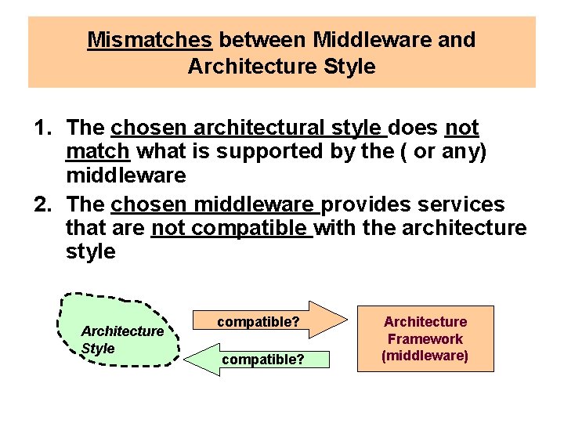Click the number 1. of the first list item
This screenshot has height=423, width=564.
(x=46, y=128)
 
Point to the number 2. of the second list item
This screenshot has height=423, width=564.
(x=46, y=205)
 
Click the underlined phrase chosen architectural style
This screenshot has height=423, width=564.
(x=249, y=128)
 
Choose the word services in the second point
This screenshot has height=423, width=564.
(x=462, y=205)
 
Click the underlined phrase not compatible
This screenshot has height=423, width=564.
(x=231, y=229)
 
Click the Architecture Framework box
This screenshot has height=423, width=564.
(x=425, y=338)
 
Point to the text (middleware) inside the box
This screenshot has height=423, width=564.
(x=425, y=356)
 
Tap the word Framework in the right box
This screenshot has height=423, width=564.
(x=425, y=339)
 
